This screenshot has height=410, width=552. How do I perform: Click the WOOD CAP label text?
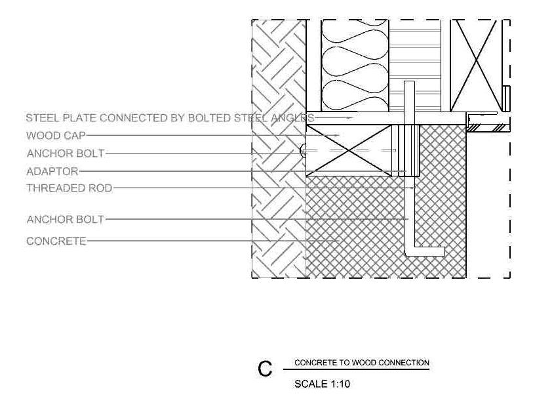pyautogui.click(x=56, y=136)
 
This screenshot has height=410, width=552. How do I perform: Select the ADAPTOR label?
pyautogui.click(x=52, y=171)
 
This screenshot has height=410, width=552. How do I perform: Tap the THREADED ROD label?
pyautogui.click(x=69, y=188)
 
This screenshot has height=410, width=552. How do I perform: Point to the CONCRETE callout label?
pyautogui.click(x=56, y=241)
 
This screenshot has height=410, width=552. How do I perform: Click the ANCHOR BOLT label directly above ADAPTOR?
pyautogui.click(x=65, y=154)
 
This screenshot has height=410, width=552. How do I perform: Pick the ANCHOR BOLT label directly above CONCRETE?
pyautogui.click(x=65, y=219)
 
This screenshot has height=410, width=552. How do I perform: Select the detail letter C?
pyautogui.click(x=265, y=369)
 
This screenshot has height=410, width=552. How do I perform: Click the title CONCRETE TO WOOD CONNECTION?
pyautogui.click(x=362, y=363)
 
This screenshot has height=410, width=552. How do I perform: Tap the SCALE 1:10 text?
pyautogui.click(x=322, y=384)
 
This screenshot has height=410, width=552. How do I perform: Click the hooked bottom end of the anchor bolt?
pyautogui.click(x=433, y=251)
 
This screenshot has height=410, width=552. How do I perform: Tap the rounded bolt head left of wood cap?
pyautogui.click(x=303, y=150)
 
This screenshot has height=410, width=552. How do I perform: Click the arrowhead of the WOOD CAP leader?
pyautogui.click(x=338, y=136)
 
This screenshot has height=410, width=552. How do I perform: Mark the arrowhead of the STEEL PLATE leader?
pyautogui.click(x=351, y=118)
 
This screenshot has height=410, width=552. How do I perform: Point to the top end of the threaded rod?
pyautogui.click(x=410, y=85)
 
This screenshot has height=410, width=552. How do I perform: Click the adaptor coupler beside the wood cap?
pyautogui.click(x=411, y=150)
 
